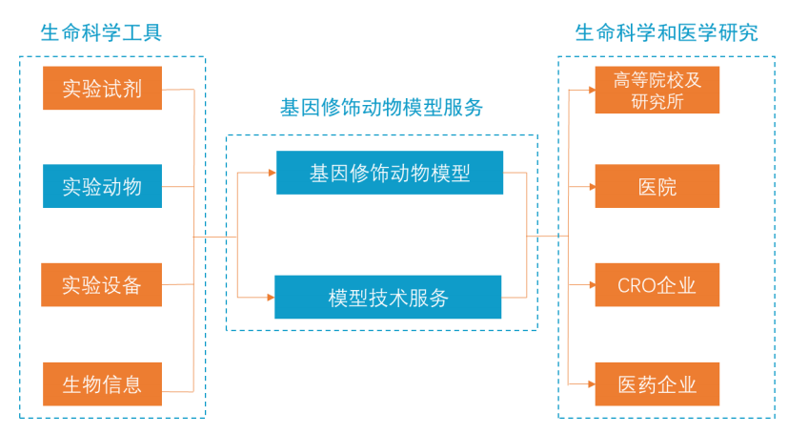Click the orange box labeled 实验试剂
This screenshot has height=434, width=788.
(102, 88)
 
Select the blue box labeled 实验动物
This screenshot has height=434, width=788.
(102, 186)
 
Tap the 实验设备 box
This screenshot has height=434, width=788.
(102, 284)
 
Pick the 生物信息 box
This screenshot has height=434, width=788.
(102, 384)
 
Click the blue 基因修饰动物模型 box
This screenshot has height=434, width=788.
(390, 173)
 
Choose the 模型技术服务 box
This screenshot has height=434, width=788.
(388, 297)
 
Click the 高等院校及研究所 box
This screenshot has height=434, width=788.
(657, 90)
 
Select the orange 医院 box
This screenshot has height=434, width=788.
(657, 186)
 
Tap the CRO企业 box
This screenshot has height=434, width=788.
(657, 284)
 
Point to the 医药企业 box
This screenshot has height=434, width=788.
(657, 384)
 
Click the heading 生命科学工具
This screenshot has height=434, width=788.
(101, 32)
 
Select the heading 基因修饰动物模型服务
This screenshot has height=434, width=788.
(381, 107)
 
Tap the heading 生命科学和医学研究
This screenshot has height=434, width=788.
(666, 32)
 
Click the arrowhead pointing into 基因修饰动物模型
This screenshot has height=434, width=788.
(273, 173)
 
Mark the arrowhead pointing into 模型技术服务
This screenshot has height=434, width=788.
(271, 298)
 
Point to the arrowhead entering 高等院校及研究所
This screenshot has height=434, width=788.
(592, 91)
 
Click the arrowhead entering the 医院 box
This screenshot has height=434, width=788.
(592, 187)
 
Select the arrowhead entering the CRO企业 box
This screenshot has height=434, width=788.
(592, 284)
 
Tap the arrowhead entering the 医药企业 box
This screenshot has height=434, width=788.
(592, 384)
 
